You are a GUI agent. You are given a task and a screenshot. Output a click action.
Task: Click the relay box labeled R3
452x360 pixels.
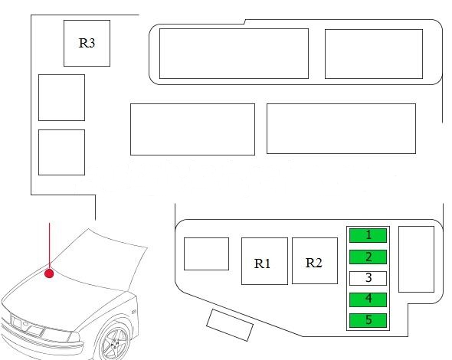click(x=87, y=43)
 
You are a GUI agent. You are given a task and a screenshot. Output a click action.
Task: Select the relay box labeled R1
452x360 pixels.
click(x=264, y=261)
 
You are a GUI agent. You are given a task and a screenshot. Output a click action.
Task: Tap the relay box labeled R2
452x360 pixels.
click(x=315, y=261)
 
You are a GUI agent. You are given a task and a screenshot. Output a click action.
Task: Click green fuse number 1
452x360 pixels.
click(x=368, y=235)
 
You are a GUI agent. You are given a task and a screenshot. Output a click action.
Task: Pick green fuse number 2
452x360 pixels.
click(x=368, y=257)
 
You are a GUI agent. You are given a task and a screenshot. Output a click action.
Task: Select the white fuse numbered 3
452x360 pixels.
click(x=368, y=278)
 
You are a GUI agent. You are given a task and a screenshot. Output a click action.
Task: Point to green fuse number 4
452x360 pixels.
click(x=368, y=299)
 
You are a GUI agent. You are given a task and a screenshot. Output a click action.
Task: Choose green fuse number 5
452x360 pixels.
click(x=368, y=320)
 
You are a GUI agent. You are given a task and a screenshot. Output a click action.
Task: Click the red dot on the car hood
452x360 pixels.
click(x=49, y=273)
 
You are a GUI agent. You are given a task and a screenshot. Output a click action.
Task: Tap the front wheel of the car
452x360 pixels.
click(x=115, y=342)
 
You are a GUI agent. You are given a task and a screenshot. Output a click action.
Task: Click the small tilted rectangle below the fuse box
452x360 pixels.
click(x=230, y=325)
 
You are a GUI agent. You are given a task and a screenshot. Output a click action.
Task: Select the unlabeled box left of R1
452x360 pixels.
click(x=206, y=254)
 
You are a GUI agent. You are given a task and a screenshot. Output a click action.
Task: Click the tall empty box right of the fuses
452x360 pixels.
click(x=416, y=259)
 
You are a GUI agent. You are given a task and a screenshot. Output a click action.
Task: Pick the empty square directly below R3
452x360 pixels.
click(x=62, y=98)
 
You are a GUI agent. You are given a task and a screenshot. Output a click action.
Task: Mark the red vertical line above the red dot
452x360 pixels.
click(x=50, y=246)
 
